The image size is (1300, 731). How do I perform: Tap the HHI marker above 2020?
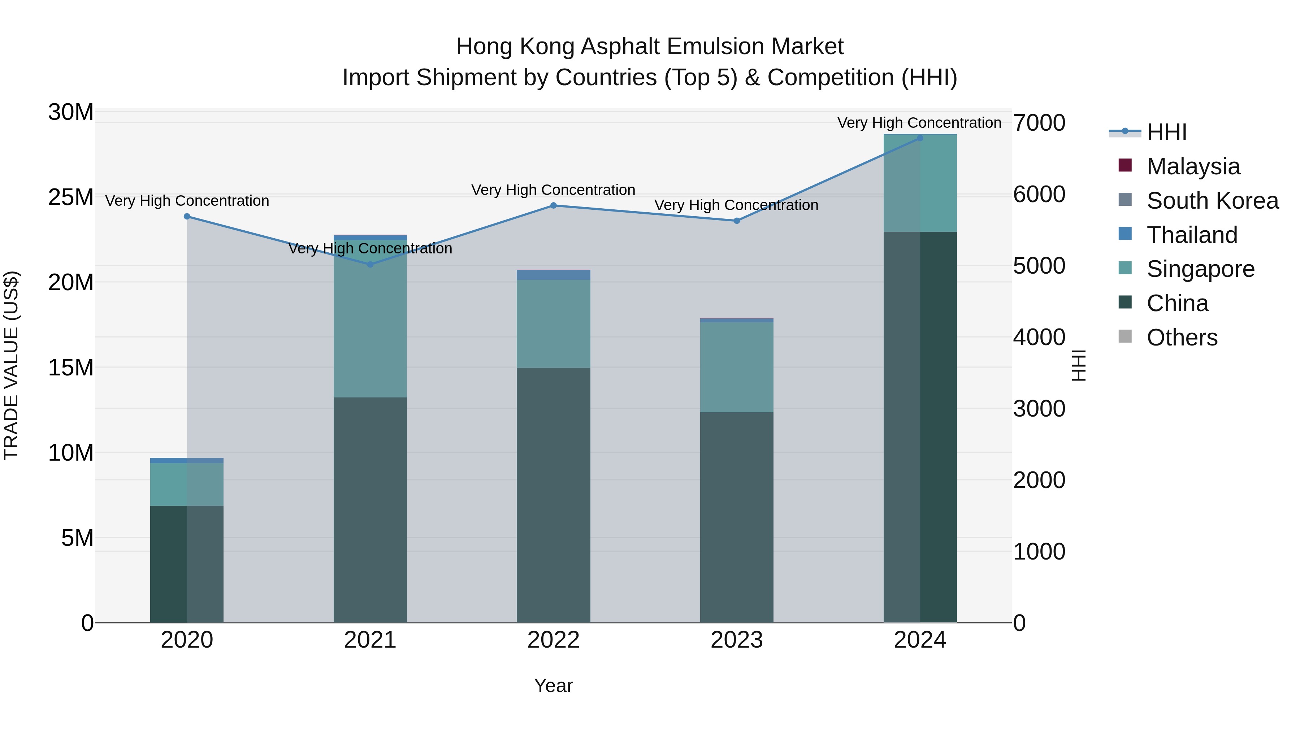click(187, 217)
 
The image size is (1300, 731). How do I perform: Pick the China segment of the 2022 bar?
click(553, 495)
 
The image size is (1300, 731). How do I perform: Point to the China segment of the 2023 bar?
click(736, 517)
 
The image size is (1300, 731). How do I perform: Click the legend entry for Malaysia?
click(1193, 166)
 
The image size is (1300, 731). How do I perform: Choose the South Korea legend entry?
click(1212, 201)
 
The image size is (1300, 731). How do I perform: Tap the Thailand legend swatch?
click(1125, 234)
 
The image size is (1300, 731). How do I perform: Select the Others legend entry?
click(1182, 338)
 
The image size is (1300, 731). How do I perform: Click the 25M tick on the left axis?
click(71, 197)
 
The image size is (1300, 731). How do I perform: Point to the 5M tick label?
click(77, 538)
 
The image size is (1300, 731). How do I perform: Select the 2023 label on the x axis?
click(736, 640)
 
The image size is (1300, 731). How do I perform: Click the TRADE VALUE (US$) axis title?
click(12, 366)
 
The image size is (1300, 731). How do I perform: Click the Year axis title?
click(553, 686)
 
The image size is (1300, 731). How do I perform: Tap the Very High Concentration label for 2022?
click(553, 190)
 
